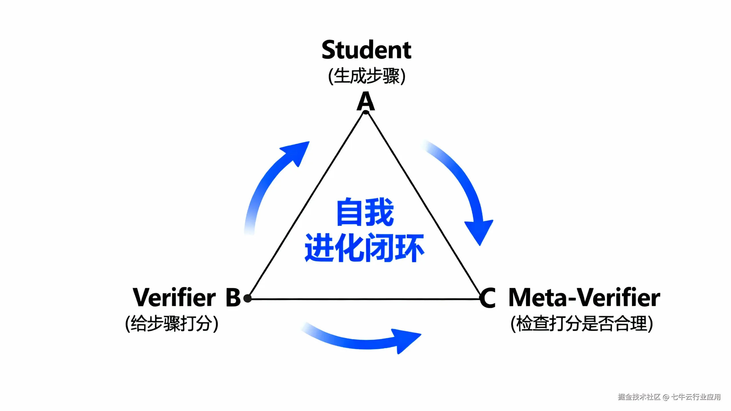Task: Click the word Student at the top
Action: (x=366, y=50)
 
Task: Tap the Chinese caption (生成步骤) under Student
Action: (x=367, y=76)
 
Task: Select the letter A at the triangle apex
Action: (x=365, y=101)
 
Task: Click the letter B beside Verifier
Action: (x=233, y=297)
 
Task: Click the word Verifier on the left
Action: (x=174, y=297)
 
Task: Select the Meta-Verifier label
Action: (x=584, y=297)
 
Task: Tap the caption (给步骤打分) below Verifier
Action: (x=172, y=324)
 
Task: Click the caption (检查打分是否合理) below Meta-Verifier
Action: (x=582, y=324)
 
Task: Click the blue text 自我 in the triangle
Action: (x=365, y=212)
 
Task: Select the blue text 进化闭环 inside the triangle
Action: (x=364, y=248)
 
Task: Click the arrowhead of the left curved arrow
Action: (x=297, y=151)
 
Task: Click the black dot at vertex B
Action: (x=248, y=299)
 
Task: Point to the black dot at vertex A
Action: (x=366, y=112)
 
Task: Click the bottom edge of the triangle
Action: (x=363, y=299)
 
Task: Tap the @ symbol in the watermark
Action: (x=666, y=397)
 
